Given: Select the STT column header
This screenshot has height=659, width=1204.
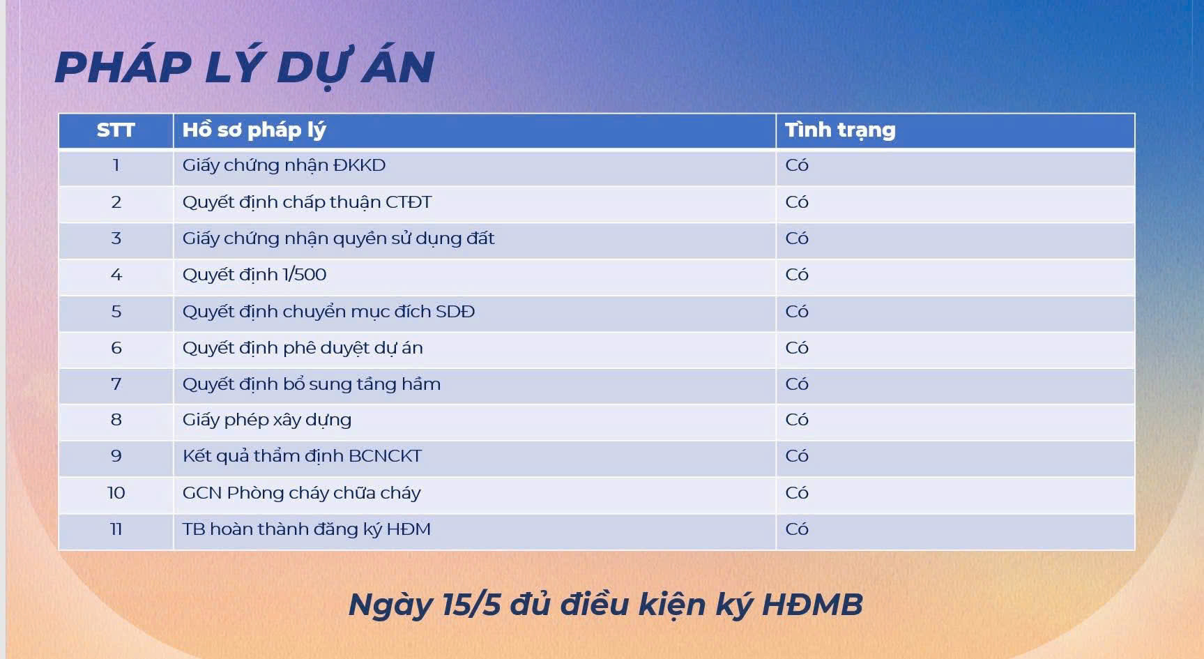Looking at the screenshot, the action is [x=116, y=130].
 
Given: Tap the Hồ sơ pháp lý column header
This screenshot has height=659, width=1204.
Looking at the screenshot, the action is [x=254, y=130].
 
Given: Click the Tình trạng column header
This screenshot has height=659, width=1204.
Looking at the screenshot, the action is [x=840, y=130].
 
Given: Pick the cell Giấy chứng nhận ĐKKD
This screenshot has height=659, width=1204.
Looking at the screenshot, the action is [x=284, y=166].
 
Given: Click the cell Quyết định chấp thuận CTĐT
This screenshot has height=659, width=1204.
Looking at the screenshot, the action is [x=307, y=202].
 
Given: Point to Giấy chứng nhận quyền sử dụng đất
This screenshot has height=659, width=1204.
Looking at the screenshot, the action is [x=338, y=238].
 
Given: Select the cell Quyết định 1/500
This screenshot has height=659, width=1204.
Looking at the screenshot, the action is [x=254, y=275].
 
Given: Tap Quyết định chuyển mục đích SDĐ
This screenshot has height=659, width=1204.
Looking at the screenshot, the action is [x=328, y=312].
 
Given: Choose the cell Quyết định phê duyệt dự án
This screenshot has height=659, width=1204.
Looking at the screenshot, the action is [x=303, y=348].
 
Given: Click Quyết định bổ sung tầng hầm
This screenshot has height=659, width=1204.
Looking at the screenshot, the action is [x=312, y=384].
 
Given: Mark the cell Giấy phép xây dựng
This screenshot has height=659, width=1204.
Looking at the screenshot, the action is [x=267, y=420].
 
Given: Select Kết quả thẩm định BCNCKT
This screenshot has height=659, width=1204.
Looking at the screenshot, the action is [x=302, y=456].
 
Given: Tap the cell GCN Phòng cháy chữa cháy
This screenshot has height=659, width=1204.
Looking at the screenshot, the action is [x=301, y=493].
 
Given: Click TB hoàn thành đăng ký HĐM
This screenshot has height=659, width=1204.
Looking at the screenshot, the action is [x=306, y=529].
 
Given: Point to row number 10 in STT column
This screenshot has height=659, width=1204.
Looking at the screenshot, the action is [x=116, y=493].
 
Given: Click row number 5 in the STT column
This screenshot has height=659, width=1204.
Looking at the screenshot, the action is [x=116, y=312].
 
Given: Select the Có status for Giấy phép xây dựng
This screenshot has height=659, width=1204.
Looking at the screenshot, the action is [x=797, y=420].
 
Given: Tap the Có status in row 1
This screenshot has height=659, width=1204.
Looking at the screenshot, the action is [x=797, y=165].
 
